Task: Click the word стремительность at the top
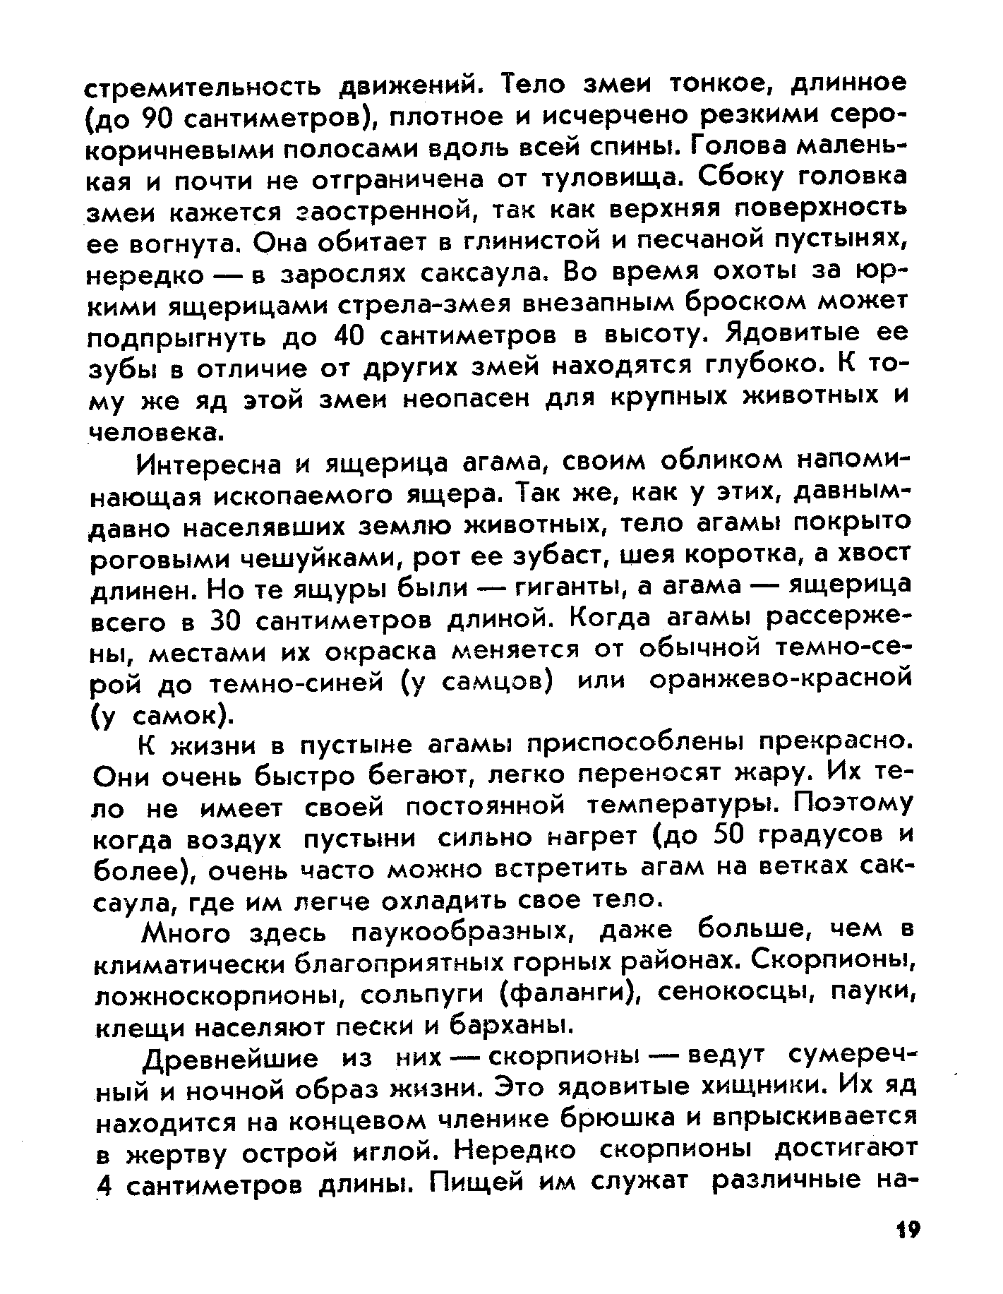pos(204,89)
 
